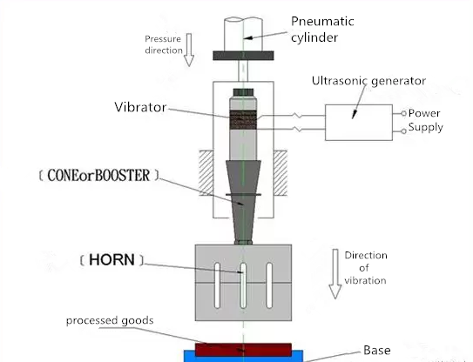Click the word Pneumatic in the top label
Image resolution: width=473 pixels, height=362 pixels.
(x=322, y=22)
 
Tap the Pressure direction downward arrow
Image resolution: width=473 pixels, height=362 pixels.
(x=189, y=50)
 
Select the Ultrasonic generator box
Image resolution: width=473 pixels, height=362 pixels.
(x=359, y=123)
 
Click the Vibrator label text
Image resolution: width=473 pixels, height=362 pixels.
(x=140, y=107)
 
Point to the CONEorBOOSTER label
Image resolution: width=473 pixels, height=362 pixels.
(x=98, y=175)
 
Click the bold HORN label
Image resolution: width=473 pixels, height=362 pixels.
(x=111, y=260)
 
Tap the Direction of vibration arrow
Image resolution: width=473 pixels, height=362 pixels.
(x=335, y=274)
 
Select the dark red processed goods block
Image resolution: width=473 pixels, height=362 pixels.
(x=243, y=350)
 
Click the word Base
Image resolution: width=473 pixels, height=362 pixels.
(x=377, y=350)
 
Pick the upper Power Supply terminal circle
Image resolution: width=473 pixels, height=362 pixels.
(x=403, y=113)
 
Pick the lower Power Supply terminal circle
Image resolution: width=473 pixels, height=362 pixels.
(x=403, y=131)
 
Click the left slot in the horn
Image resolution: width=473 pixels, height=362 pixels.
(x=217, y=285)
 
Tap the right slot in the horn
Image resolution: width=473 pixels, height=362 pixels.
(x=269, y=285)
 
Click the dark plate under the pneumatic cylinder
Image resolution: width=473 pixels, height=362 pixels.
(x=243, y=56)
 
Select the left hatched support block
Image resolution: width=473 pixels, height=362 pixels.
(x=206, y=173)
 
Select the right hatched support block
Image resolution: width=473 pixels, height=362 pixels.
(x=280, y=173)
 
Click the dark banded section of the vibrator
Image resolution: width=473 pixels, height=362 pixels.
(x=243, y=120)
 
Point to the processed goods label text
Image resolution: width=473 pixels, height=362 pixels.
(x=110, y=320)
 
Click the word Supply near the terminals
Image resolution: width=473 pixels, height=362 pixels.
(x=426, y=127)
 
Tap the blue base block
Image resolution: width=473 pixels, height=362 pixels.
(x=243, y=357)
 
